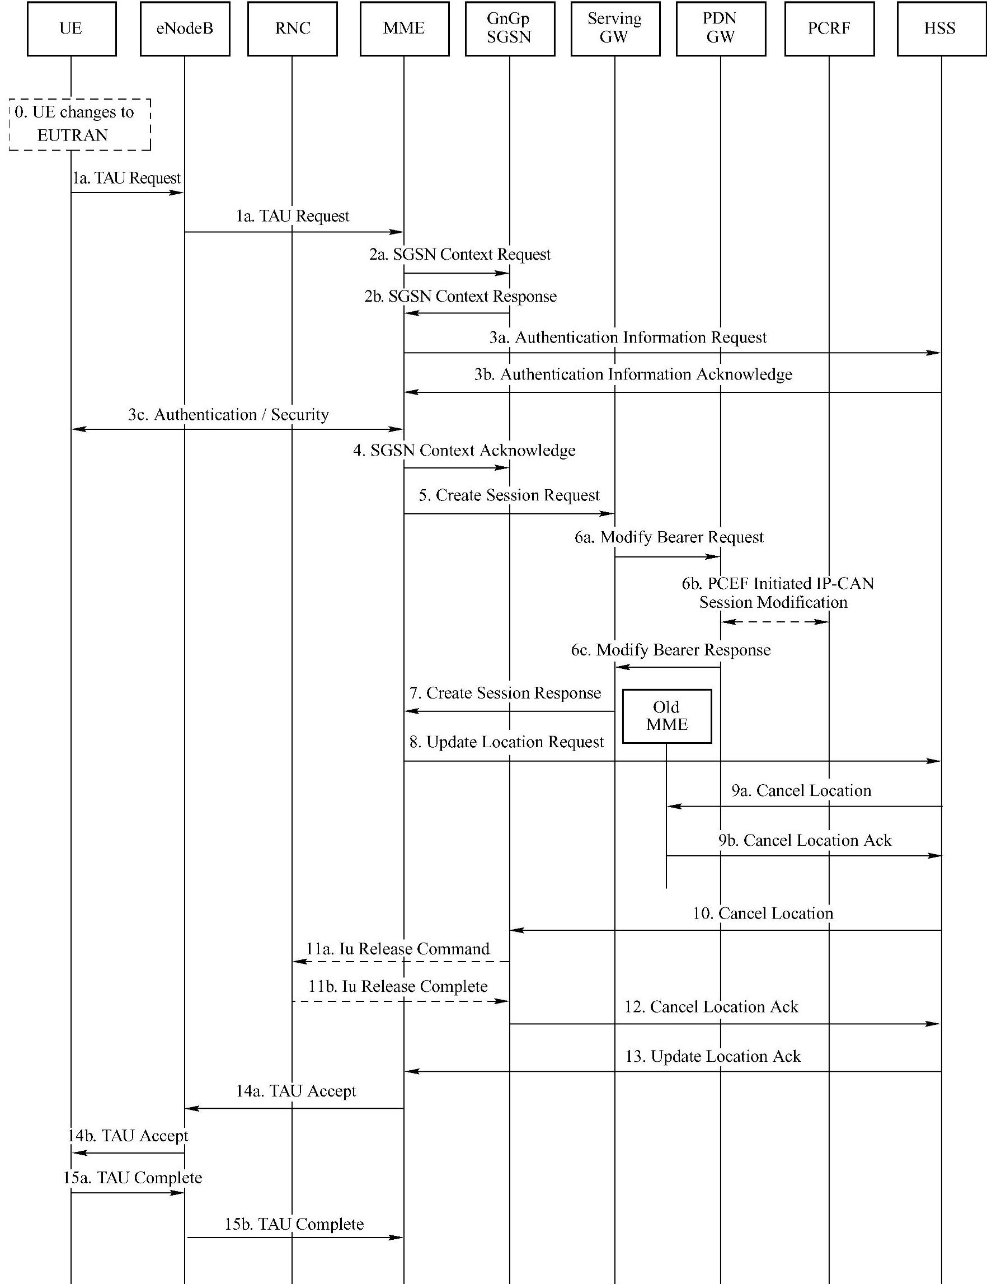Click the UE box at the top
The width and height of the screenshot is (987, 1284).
click(x=72, y=29)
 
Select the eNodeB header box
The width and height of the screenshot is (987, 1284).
click(x=185, y=29)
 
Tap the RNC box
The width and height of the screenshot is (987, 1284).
click(x=293, y=29)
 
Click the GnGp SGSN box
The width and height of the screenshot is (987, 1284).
click(x=509, y=29)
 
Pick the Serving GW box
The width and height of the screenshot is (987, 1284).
click(x=615, y=29)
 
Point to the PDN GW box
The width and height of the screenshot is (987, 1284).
click(x=721, y=29)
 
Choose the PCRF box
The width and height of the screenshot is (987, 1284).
click(x=829, y=29)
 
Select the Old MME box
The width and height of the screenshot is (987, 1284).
click(x=667, y=716)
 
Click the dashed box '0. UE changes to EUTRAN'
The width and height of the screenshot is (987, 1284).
click(x=80, y=125)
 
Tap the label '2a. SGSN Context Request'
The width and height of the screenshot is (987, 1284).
click(x=460, y=255)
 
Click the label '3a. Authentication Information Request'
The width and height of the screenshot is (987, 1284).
click(x=628, y=338)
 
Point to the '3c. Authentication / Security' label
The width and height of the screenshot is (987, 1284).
click(x=228, y=415)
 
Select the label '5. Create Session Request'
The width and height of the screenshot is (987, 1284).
click(x=509, y=495)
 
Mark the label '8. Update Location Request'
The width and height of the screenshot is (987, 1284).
click(x=506, y=742)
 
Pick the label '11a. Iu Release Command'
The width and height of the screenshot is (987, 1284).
click(x=398, y=949)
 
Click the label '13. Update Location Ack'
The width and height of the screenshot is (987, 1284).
click(x=713, y=1057)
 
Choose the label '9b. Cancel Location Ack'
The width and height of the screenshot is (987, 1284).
click(x=805, y=840)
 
